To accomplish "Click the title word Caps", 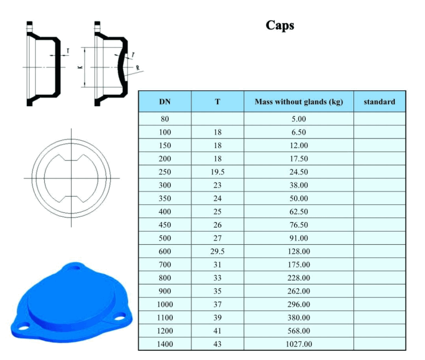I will click(x=280, y=26).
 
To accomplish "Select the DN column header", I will click(x=164, y=102).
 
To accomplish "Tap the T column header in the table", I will click(x=218, y=102).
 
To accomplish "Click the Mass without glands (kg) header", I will click(x=298, y=102).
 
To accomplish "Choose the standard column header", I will click(x=379, y=102).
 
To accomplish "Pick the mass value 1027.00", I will click(x=298, y=344).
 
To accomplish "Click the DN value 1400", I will click(x=165, y=344).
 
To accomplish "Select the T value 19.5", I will click(x=218, y=171).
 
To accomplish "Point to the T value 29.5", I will click(x=218, y=251).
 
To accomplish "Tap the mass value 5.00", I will click(x=298, y=119).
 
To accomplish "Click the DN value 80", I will click(x=165, y=119).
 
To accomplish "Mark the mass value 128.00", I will click(x=298, y=251).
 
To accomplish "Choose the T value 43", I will click(x=218, y=344).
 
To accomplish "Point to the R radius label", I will click(x=137, y=68).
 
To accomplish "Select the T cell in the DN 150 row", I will click(x=218, y=145).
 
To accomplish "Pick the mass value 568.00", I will click(x=298, y=330).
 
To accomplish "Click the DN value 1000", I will click(x=165, y=304).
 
